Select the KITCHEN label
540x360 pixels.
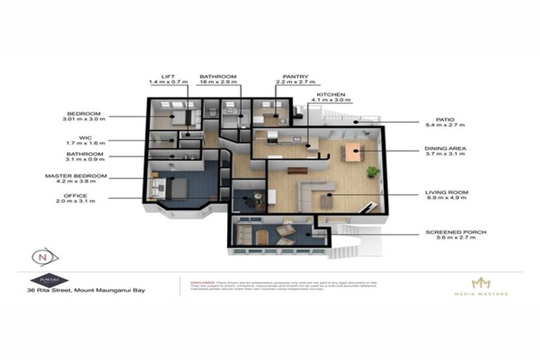click(330, 94)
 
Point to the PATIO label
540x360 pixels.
click(435, 120)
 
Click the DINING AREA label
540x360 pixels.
click(446, 149)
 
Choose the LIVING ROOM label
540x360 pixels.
click(446, 192)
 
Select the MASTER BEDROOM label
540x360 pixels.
click(76, 175)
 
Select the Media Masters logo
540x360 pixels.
click(480, 285)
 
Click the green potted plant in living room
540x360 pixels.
click(373, 170)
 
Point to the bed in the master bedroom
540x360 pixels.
click(173, 187)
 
